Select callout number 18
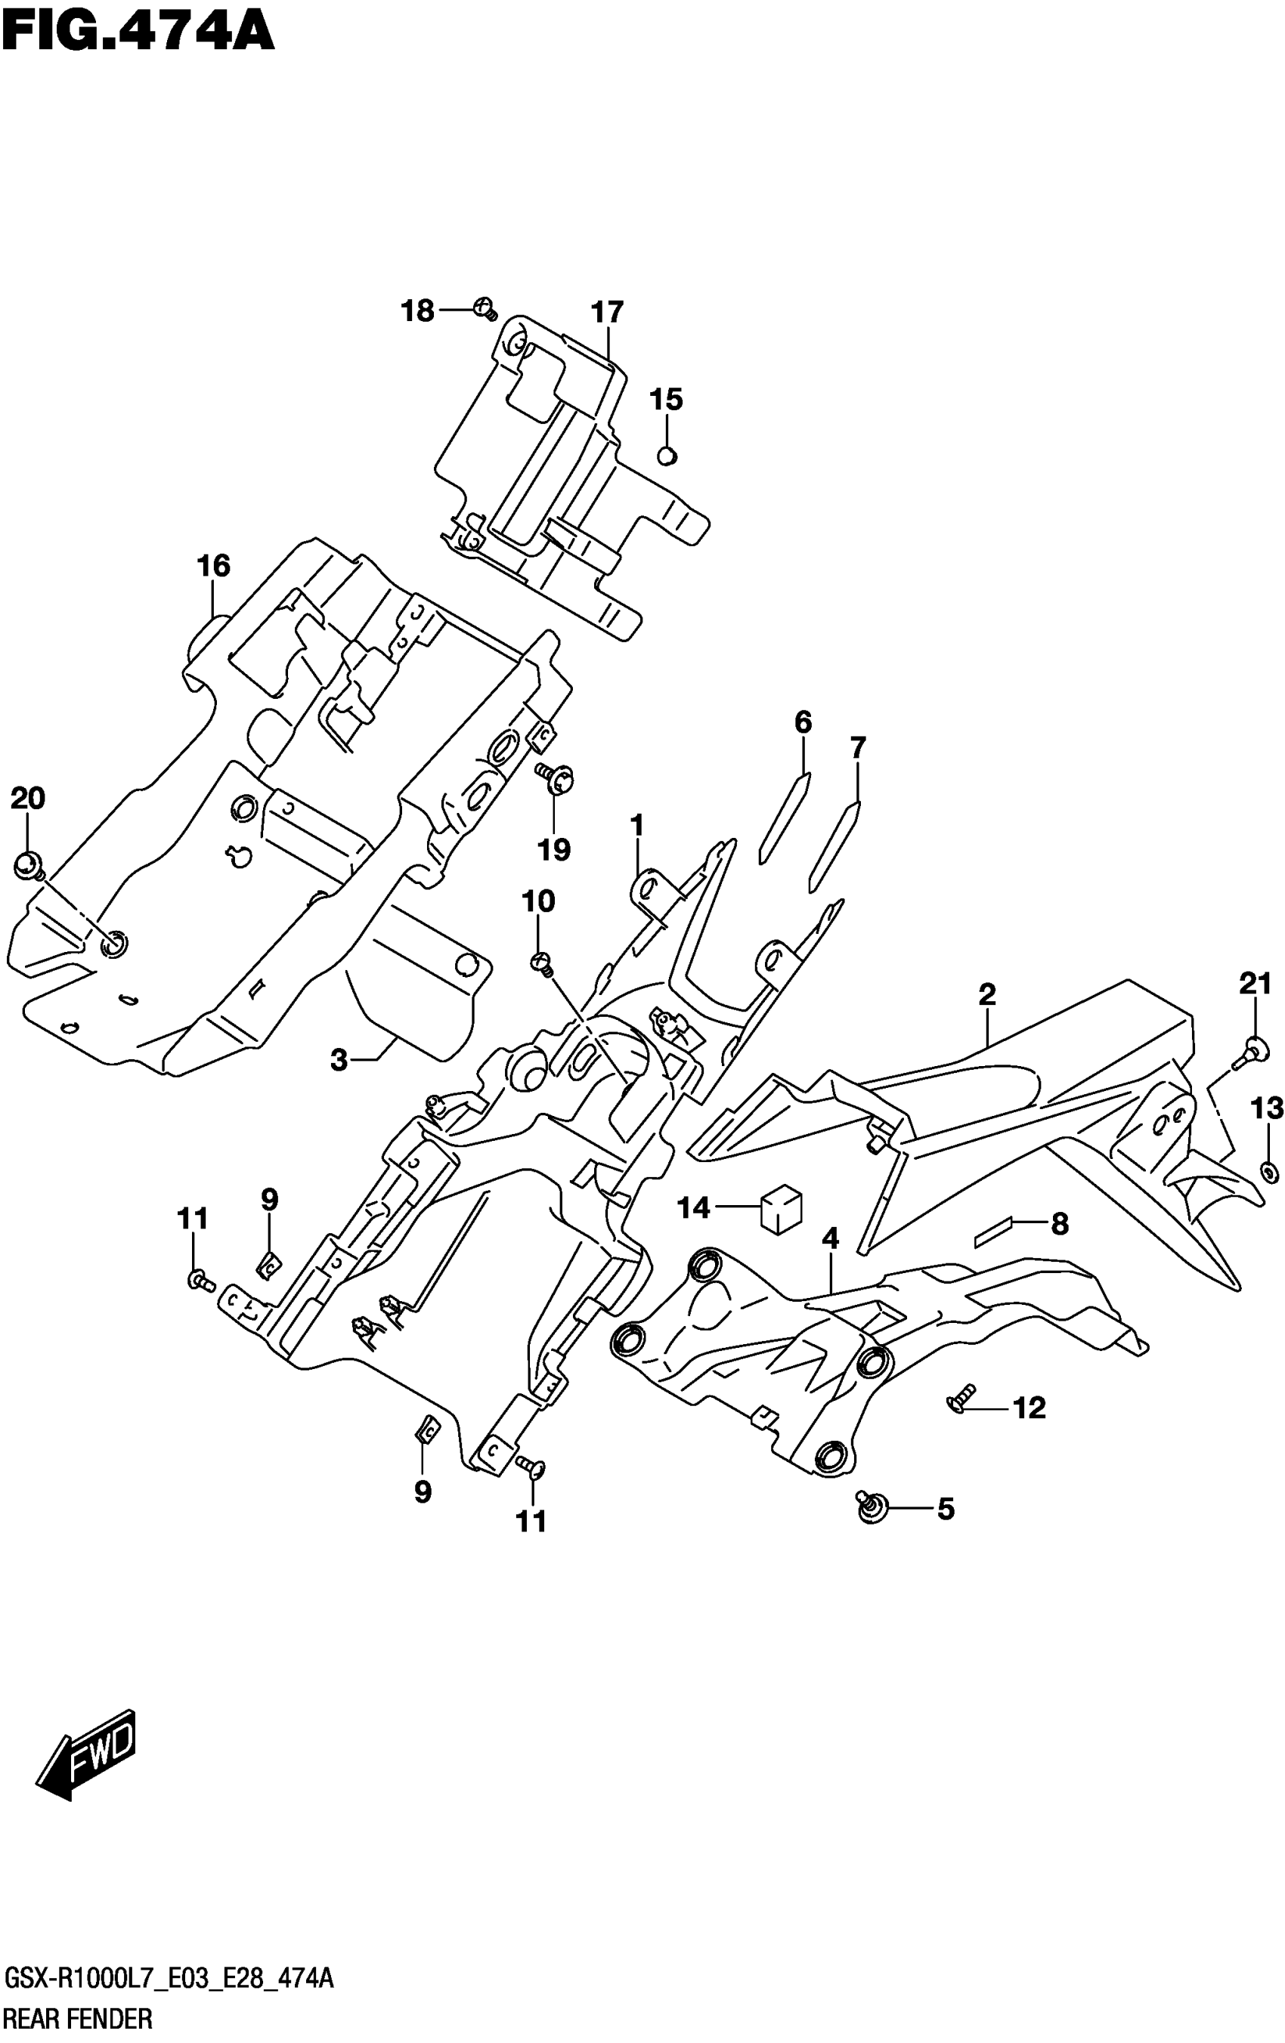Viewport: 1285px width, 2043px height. pyautogui.click(x=417, y=311)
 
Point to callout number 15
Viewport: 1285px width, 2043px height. pyautogui.click(x=666, y=399)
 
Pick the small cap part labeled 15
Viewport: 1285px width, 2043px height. pyautogui.click(x=668, y=456)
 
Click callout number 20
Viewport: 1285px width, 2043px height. pyautogui.click(x=27, y=799)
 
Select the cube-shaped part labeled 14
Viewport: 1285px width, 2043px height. pyautogui.click(x=781, y=1208)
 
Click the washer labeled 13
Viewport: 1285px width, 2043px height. pyautogui.click(x=1268, y=1173)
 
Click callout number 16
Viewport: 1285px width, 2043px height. pyautogui.click(x=213, y=565)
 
